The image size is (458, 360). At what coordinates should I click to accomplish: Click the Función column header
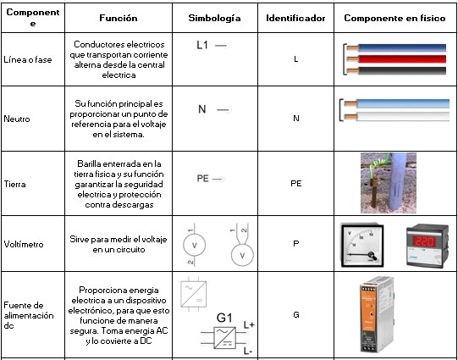[x=119, y=18]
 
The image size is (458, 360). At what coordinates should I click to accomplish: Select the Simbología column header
[x=214, y=19]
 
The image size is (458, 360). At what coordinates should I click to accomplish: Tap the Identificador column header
[x=295, y=18]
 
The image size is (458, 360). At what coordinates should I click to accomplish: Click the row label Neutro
[x=17, y=119]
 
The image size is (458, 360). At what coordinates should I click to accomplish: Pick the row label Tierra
[x=14, y=185]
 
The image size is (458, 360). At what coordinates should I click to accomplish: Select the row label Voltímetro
[x=24, y=244]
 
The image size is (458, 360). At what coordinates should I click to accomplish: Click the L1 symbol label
[x=202, y=45]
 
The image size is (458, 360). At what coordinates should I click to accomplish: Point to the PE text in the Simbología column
[x=202, y=179]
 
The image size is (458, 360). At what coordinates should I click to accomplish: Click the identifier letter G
[x=296, y=315]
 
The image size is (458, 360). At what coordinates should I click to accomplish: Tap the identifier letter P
[x=296, y=243]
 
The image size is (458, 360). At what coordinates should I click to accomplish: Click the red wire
[x=397, y=59]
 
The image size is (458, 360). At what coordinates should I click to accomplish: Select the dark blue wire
[x=397, y=48]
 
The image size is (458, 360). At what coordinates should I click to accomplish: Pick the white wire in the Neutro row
[x=397, y=117]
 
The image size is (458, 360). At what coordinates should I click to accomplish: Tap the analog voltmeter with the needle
[x=362, y=245]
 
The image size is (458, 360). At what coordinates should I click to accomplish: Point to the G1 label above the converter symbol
[x=224, y=318]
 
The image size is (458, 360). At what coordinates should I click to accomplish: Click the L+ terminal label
[x=249, y=324]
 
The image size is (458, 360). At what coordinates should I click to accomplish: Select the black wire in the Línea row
[x=397, y=70]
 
